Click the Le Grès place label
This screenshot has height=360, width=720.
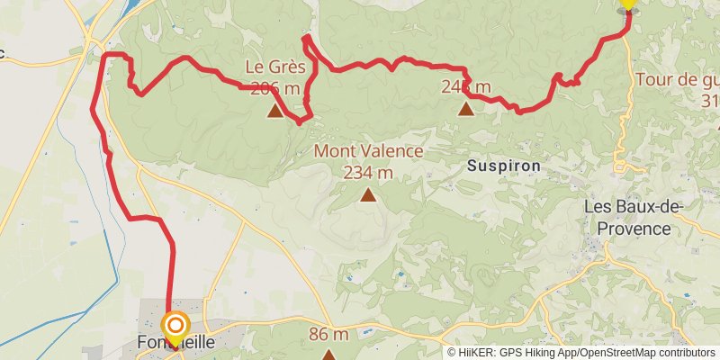point(276,67)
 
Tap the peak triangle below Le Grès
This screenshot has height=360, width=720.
point(274,111)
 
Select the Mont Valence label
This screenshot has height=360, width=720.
point(368,151)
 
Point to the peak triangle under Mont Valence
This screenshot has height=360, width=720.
point(368,193)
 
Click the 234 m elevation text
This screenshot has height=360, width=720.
point(368,172)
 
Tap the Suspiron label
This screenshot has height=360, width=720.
point(504,166)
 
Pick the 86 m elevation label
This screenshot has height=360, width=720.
point(328,335)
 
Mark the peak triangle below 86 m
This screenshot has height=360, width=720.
point(328,355)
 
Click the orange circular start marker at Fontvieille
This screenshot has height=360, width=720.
point(175,325)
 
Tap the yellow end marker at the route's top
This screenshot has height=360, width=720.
point(628,4)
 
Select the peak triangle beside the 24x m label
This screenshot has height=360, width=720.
point(466,109)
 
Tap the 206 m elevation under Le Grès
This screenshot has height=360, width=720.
point(275,88)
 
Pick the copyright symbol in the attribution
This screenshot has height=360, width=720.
point(453,352)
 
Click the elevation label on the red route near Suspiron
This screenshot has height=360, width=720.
point(466,87)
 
